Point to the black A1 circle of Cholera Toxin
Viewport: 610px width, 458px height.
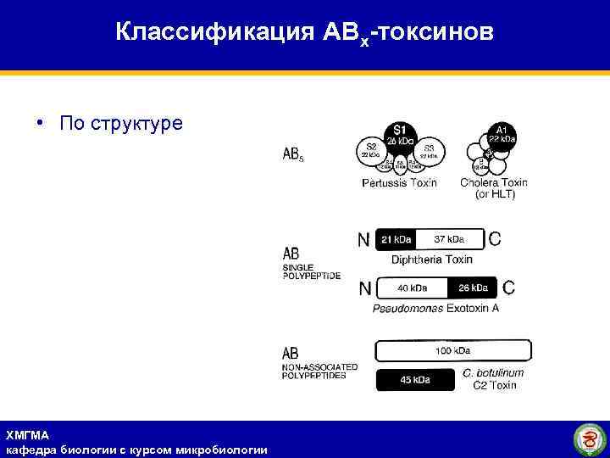click(501, 134)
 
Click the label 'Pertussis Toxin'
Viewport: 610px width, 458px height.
click(399, 183)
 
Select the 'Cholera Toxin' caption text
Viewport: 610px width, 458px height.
click(494, 182)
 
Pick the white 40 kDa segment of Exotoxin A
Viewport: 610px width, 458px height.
click(412, 288)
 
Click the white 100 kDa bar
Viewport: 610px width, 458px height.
click(453, 350)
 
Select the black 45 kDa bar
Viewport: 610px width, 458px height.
click(415, 380)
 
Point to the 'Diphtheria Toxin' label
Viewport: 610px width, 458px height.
click(432, 259)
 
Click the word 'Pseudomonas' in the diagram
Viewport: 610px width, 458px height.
click(408, 308)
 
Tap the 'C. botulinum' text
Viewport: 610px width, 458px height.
click(494, 373)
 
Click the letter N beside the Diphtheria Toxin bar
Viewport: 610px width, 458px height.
click(364, 240)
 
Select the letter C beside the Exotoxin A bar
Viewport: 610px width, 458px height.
click(508, 288)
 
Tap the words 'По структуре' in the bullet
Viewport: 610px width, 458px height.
click(121, 124)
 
